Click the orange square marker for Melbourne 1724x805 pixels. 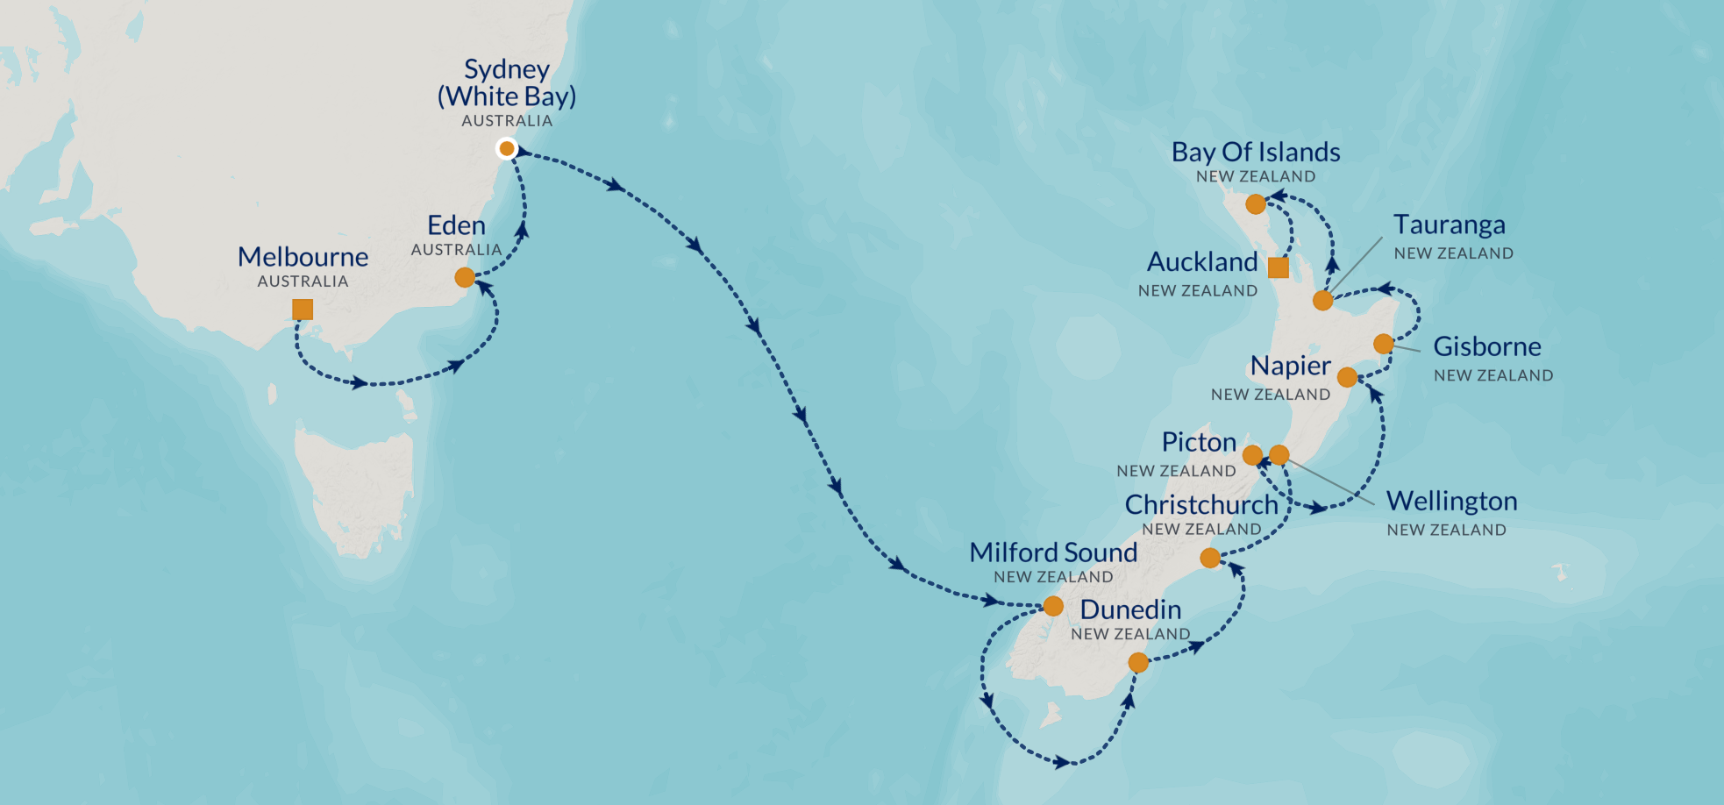pyautogui.click(x=303, y=310)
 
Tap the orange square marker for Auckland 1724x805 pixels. pyautogui.click(x=1279, y=267)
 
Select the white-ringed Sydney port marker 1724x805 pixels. pyautogui.click(x=506, y=148)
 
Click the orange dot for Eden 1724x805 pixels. pyautogui.click(x=465, y=278)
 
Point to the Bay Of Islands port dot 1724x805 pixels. pyautogui.click(x=1256, y=204)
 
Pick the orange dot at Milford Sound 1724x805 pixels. pyautogui.click(x=1053, y=606)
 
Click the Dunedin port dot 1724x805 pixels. pyautogui.click(x=1138, y=663)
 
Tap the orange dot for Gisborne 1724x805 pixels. pyautogui.click(x=1384, y=344)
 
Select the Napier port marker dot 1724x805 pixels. pyautogui.click(x=1347, y=378)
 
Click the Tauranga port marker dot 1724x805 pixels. pyautogui.click(x=1322, y=301)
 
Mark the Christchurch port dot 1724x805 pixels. pyautogui.click(x=1210, y=558)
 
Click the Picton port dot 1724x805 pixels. pyautogui.click(x=1252, y=455)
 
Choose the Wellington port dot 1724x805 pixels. pyautogui.click(x=1279, y=454)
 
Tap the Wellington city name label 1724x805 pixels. pyautogui.click(x=1451, y=502)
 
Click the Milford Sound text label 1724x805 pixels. pyautogui.click(x=1053, y=552)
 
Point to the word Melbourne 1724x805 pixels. pyautogui.click(x=303, y=257)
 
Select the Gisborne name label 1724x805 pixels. pyautogui.click(x=1487, y=346)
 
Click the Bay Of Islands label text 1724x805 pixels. pyautogui.click(x=1256, y=152)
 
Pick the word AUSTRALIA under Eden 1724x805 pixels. pyautogui.click(x=456, y=250)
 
